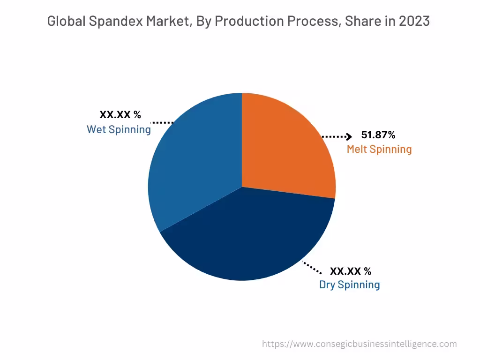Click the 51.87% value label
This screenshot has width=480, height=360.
(x=378, y=135)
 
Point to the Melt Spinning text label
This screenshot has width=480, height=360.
(x=379, y=150)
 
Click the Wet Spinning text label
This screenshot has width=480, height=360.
(x=119, y=129)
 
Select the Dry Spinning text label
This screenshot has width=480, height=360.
(x=349, y=285)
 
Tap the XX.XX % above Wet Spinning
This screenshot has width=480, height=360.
(x=120, y=115)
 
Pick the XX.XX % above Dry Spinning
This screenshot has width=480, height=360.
(x=351, y=271)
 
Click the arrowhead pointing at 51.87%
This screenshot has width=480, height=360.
(x=348, y=137)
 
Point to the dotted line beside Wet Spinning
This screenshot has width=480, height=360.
(x=162, y=122)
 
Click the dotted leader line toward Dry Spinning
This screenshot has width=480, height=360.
(x=312, y=268)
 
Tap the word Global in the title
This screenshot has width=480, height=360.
(x=63, y=21)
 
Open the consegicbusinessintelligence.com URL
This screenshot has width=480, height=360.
(x=359, y=344)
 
